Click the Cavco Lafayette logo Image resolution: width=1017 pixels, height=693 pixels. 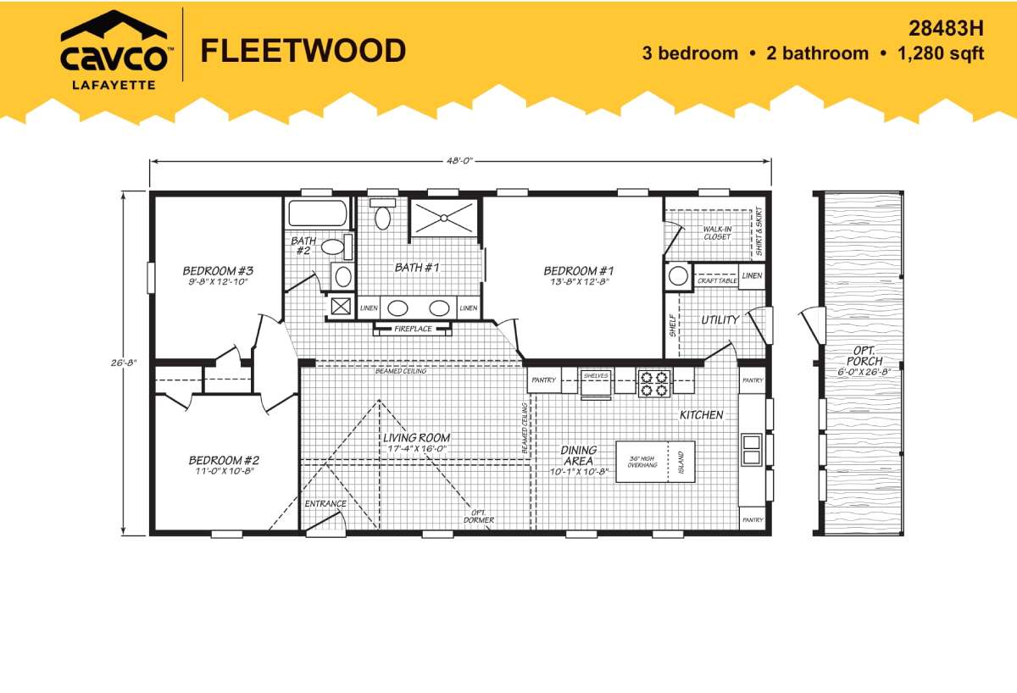pyautogui.click(x=115, y=50)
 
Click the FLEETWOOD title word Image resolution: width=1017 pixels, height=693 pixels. pyautogui.click(x=303, y=50)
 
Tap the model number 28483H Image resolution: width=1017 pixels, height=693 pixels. pyautogui.click(x=946, y=29)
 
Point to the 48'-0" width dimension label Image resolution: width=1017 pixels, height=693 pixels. pyautogui.click(x=459, y=160)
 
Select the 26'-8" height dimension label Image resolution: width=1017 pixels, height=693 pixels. pyautogui.click(x=124, y=363)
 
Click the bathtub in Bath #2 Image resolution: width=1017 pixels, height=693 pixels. pyautogui.click(x=318, y=213)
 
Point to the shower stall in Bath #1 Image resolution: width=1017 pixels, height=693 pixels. pyautogui.click(x=444, y=218)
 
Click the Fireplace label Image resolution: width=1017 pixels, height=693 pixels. pyautogui.click(x=413, y=329)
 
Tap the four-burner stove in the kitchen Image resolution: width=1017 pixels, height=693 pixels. pyautogui.click(x=654, y=384)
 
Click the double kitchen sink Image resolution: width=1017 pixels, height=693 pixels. pyautogui.click(x=751, y=450)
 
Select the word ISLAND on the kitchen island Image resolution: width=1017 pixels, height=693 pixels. pyautogui.click(x=681, y=463)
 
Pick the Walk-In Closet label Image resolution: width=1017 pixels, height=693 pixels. pyautogui.click(x=717, y=233)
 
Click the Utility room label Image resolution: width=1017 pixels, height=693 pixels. pyautogui.click(x=720, y=320)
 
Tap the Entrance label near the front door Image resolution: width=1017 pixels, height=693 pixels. pyautogui.click(x=325, y=504)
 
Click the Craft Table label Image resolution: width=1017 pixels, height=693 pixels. pyautogui.click(x=717, y=281)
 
